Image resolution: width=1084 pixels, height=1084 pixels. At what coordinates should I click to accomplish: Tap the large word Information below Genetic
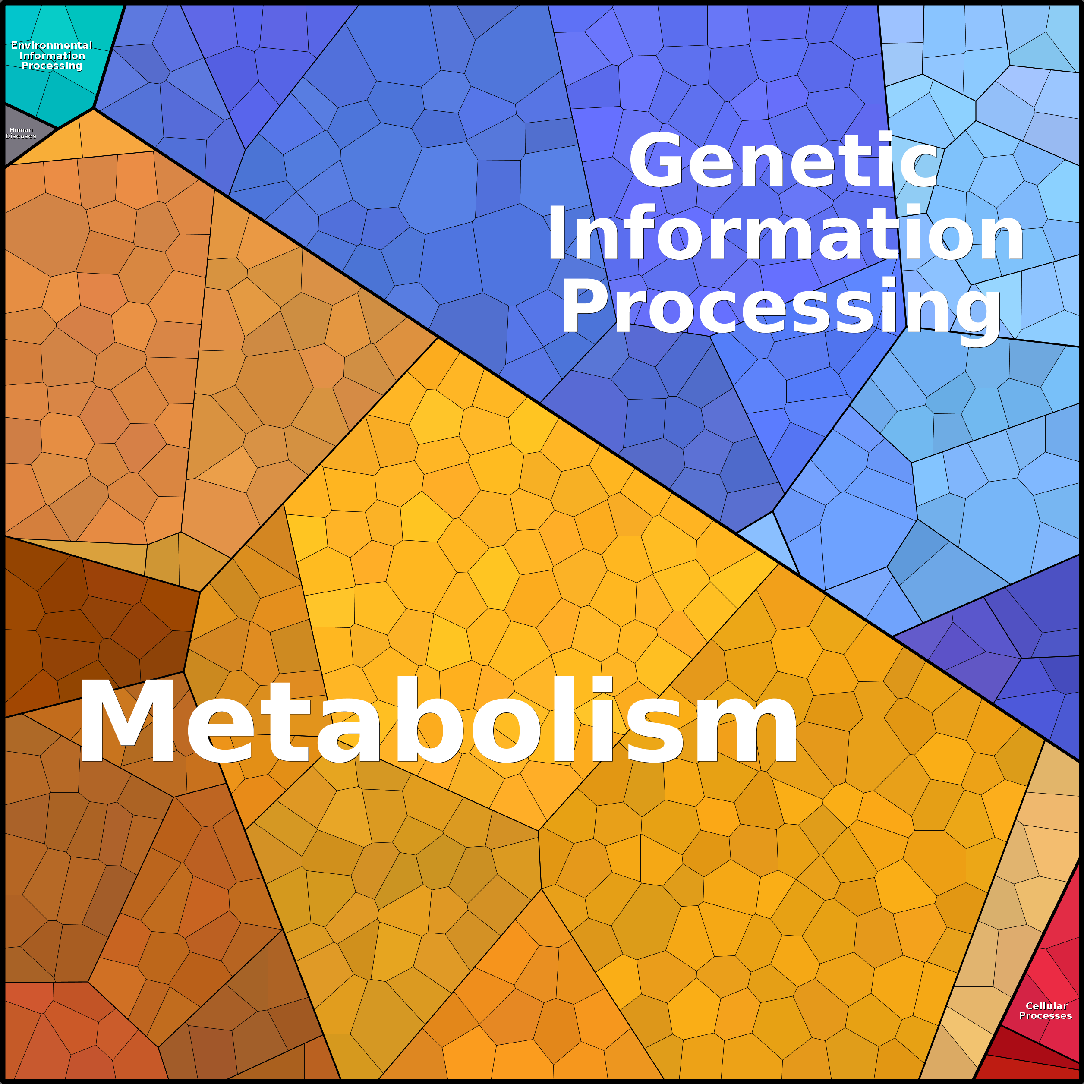click(x=785, y=233)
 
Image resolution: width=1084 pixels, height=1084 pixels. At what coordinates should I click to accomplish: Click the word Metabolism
click(x=438, y=720)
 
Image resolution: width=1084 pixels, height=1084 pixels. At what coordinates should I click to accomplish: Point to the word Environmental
click(x=52, y=45)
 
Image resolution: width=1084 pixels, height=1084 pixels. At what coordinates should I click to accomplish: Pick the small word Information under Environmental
click(x=52, y=56)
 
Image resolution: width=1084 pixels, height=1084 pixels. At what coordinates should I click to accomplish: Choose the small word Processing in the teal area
click(x=52, y=66)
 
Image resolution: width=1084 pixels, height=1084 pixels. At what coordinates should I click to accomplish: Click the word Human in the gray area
click(x=21, y=129)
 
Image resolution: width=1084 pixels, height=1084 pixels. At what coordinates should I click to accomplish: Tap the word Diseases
click(x=21, y=136)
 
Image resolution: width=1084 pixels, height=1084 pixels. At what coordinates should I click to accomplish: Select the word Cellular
click(x=1046, y=1006)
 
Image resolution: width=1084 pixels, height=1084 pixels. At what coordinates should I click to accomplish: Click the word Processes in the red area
click(x=1045, y=1015)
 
